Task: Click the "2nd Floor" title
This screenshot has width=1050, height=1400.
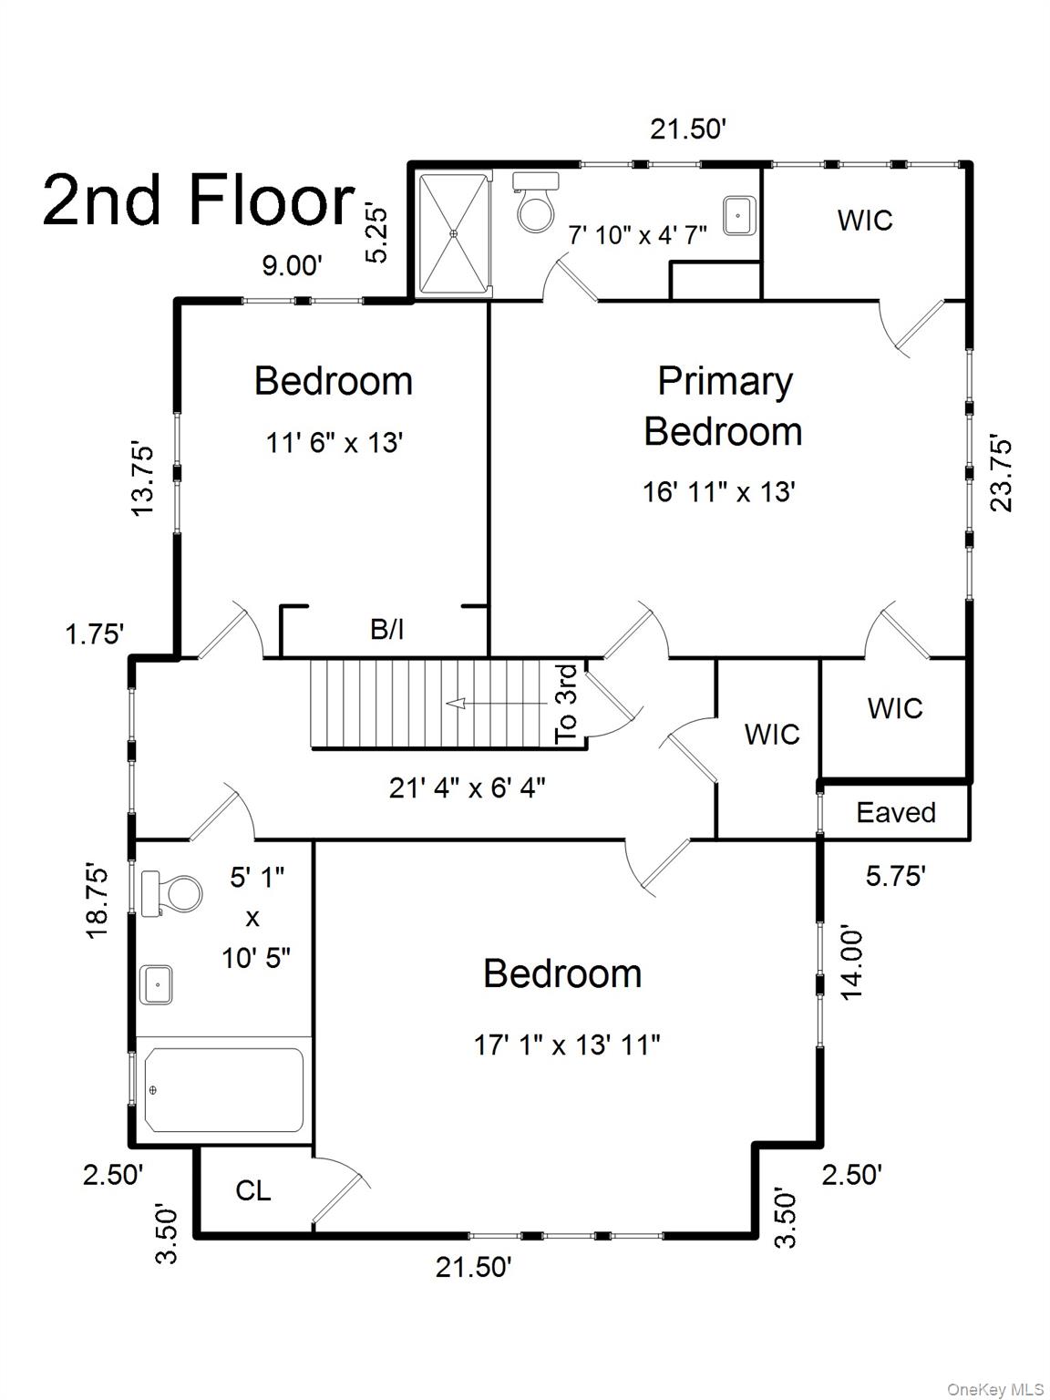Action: click(199, 201)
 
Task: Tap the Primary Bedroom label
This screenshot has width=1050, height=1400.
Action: click(724, 407)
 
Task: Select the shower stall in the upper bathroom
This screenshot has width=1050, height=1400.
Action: click(454, 233)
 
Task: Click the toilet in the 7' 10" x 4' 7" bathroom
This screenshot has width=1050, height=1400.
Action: click(536, 202)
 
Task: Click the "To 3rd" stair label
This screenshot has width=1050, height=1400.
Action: click(566, 705)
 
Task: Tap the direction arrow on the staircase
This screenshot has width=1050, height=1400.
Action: click(497, 704)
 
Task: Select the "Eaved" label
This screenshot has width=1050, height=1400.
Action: click(896, 813)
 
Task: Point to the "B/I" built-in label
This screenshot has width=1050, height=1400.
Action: click(387, 630)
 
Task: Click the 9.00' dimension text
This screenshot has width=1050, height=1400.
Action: click(293, 264)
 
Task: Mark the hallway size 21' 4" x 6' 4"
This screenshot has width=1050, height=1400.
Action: click(468, 788)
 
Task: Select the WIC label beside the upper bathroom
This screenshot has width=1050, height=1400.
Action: click(865, 221)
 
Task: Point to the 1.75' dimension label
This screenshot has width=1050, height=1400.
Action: click(95, 634)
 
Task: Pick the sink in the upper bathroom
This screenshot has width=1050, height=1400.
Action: click(739, 216)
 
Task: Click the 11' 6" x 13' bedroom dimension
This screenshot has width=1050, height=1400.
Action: click(335, 442)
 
